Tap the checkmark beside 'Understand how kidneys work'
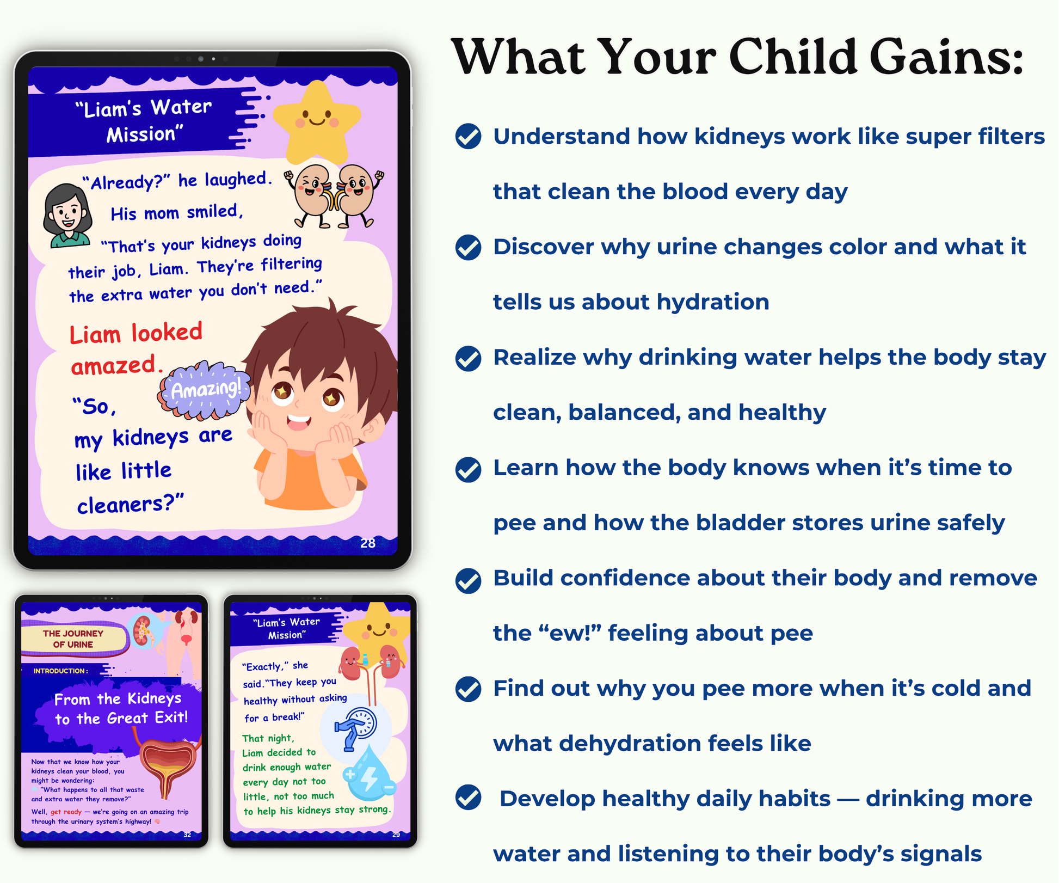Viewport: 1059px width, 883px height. [468, 136]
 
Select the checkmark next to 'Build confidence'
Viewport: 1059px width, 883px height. [468, 580]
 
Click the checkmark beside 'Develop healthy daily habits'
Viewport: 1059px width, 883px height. [468, 798]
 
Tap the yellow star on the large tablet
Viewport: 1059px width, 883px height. [316, 122]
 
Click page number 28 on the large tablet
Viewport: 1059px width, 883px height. [368, 543]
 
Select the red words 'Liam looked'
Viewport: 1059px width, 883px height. [136, 333]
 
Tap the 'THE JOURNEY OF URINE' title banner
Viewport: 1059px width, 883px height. [73, 639]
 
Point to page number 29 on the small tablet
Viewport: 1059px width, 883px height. [396, 835]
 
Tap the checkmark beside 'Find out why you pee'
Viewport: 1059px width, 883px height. [468, 689]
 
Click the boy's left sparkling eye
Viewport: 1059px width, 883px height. [282, 391]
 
